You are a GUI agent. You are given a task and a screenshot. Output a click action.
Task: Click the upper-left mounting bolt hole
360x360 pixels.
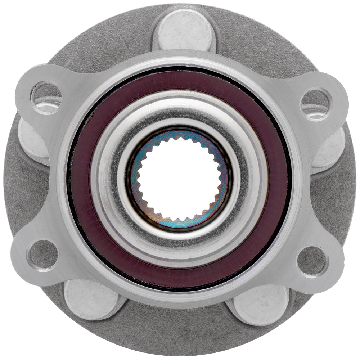[46, 96]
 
